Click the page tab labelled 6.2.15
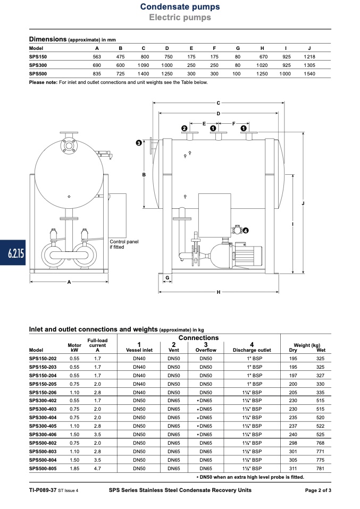pos(13,252)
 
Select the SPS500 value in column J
pos(309,74)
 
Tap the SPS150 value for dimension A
pos(97,56)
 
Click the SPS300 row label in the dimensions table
pos(38,65)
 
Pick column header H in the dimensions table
pos(262,48)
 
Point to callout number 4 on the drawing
pos(246,231)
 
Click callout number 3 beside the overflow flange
pos(139,143)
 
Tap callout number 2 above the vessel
pos(184,129)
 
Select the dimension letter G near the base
pos(168,277)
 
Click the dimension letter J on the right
pos(303,203)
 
